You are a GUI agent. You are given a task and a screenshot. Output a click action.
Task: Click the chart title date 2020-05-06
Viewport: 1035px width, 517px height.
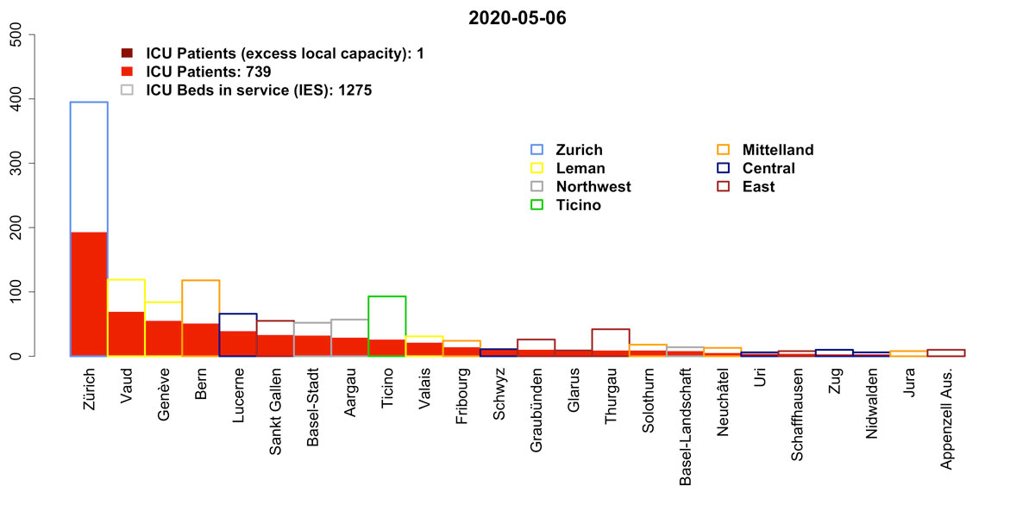[x=517, y=18]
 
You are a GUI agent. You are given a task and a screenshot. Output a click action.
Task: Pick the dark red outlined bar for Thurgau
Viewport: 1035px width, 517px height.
[x=611, y=339]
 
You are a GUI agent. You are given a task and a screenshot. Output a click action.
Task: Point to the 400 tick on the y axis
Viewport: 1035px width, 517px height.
[x=31, y=99]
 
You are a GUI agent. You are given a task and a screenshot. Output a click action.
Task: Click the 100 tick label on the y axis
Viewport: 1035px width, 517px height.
[x=18, y=292]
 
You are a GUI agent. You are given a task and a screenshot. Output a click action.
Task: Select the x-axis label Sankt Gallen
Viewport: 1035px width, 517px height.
[x=275, y=408]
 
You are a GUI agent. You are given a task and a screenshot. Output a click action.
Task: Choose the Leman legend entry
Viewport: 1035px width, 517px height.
[x=580, y=168]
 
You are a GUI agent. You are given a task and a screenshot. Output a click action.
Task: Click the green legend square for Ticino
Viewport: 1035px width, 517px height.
[x=538, y=205]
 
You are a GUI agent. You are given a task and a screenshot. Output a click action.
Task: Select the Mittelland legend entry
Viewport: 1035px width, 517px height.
[x=777, y=150]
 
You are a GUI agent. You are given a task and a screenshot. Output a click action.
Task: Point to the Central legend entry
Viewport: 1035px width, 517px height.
[x=768, y=168]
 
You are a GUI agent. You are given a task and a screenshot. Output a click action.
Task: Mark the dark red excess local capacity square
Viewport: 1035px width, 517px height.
[x=127, y=53]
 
